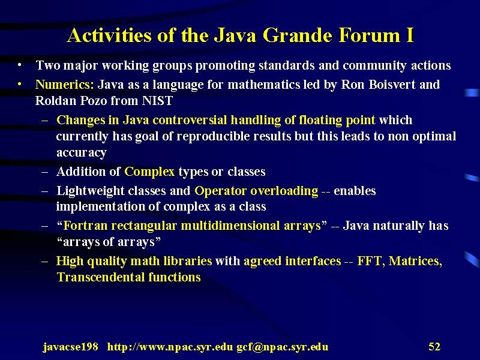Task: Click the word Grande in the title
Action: click(x=297, y=35)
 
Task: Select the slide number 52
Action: click(x=434, y=347)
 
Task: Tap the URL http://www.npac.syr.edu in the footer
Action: click(x=170, y=347)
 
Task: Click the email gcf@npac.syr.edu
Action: click(x=282, y=347)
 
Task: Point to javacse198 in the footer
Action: click(x=70, y=347)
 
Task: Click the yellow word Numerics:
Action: click(x=65, y=85)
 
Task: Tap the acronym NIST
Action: click(x=157, y=100)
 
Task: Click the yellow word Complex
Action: click(x=149, y=172)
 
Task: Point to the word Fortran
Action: click(x=86, y=226)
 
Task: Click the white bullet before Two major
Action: click(x=20, y=65)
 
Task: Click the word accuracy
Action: click(x=82, y=152)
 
